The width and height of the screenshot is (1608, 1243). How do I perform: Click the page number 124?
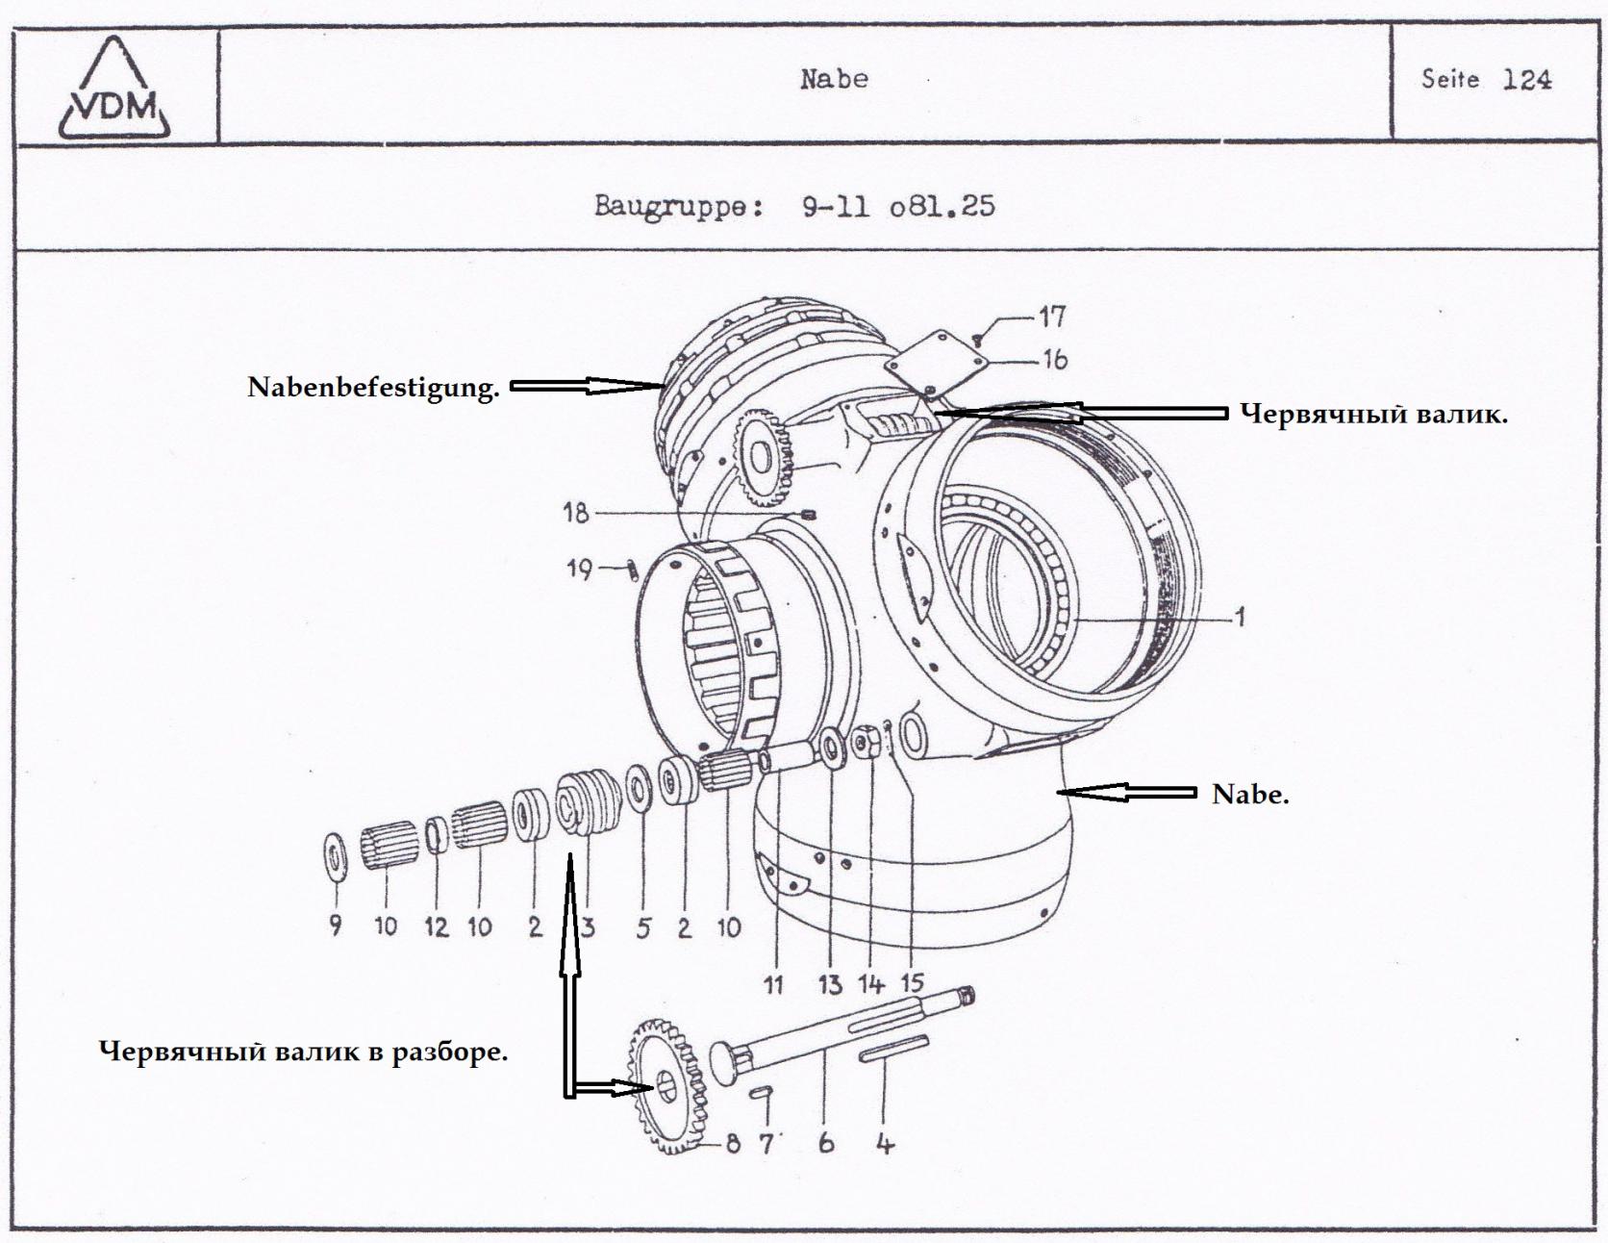pos(1526,80)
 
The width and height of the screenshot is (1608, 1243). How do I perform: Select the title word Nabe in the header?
pos(834,79)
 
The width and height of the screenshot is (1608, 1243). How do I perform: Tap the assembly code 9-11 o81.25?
pos(898,206)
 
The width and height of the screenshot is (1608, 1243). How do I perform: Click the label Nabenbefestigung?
pos(373,388)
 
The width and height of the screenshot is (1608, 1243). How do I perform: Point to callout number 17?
pos(1052,317)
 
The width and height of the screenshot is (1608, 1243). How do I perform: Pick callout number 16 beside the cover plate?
pos(1054,360)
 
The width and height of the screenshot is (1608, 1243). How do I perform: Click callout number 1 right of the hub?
pos(1240,617)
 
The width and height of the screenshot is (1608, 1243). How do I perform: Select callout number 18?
pos(575,513)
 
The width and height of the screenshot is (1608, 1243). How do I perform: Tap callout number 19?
pos(579,570)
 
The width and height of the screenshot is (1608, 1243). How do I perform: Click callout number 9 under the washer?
pos(335,926)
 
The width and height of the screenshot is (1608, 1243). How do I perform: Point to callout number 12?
pos(436,927)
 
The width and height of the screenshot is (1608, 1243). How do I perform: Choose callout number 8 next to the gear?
pos(733,1144)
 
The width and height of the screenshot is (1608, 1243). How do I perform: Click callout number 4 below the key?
pos(885,1144)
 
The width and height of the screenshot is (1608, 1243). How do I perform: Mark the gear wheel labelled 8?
pos(666,1087)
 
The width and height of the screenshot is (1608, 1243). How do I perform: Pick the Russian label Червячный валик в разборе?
pos(304,1052)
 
